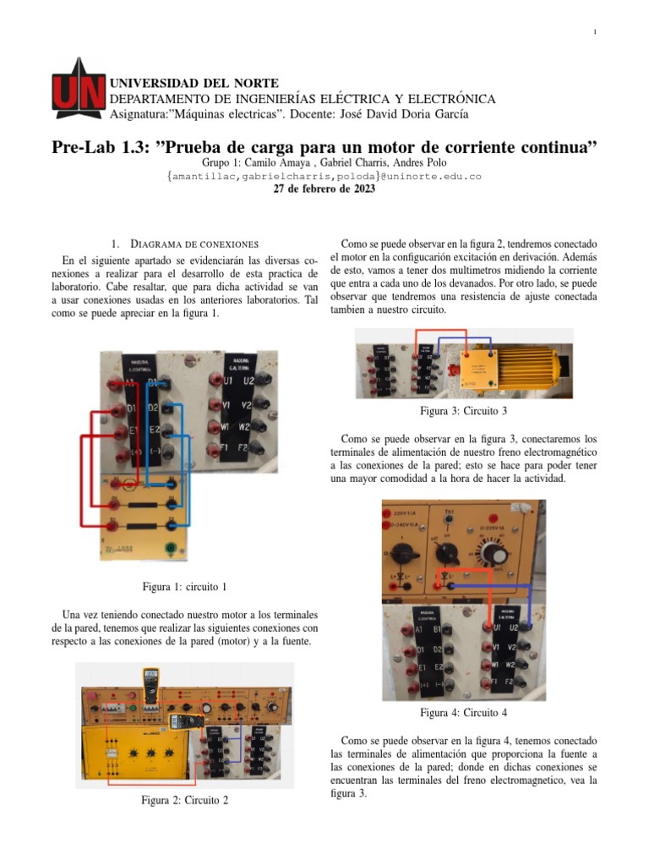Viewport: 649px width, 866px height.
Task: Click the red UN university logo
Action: (78, 93)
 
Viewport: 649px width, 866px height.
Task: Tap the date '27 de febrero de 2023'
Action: (324, 189)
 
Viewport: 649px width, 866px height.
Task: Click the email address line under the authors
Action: (324, 176)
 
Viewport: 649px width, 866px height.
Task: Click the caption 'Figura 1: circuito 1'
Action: (184, 587)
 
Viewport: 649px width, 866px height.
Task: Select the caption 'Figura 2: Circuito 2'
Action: (184, 800)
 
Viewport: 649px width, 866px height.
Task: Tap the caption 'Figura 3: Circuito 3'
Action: (464, 412)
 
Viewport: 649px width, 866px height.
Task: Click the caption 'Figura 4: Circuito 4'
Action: (464, 712)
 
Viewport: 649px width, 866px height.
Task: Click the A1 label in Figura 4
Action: (418, 629)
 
